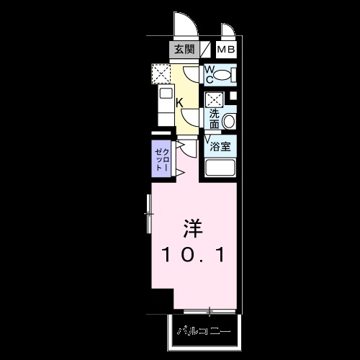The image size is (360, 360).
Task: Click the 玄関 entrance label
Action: coord(184,50)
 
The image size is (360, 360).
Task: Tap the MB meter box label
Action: coord(226,50)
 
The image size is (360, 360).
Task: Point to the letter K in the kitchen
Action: coord(179,102)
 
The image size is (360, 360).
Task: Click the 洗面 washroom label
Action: coord(215,118)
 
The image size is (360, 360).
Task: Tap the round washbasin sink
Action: coord(230,122)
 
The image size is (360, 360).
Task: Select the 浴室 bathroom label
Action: coord(220,146)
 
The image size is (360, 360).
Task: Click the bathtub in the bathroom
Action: coord(222,168)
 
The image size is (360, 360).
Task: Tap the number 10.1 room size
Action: coord(193,255)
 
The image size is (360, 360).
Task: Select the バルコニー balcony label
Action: coord(204,333)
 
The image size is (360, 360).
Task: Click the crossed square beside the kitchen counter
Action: coord(161,73)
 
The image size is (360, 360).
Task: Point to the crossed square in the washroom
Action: coord(214,100)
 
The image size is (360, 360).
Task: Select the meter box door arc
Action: coord(228,31)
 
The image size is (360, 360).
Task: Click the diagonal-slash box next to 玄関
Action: coord(206,50)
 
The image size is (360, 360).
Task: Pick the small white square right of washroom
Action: coord(233,96)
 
